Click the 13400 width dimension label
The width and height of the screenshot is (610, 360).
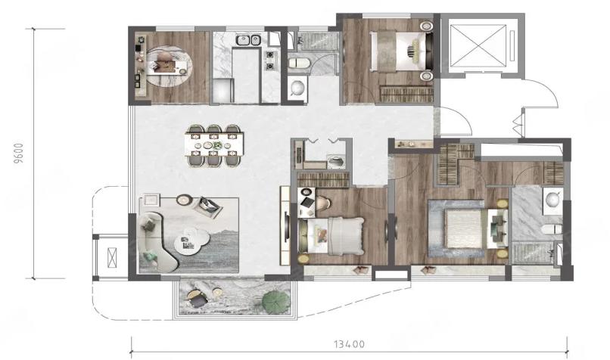[349, 344]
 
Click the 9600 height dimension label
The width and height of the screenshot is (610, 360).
[19, 154]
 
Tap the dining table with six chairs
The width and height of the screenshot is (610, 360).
[214, 145]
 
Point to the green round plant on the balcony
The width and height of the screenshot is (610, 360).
[275, 301]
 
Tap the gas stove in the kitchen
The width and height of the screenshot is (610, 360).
[270, 61]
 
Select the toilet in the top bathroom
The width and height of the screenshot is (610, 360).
[299, 63]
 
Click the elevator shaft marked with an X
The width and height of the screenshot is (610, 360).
[481, 46]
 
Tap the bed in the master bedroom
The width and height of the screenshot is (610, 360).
[465, 228]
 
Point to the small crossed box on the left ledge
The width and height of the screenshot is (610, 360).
[112, 257]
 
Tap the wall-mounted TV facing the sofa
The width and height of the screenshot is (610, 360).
[287, 226]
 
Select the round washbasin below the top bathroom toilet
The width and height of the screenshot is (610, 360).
[297, 88]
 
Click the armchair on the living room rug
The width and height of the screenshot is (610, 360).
[207, 206]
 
